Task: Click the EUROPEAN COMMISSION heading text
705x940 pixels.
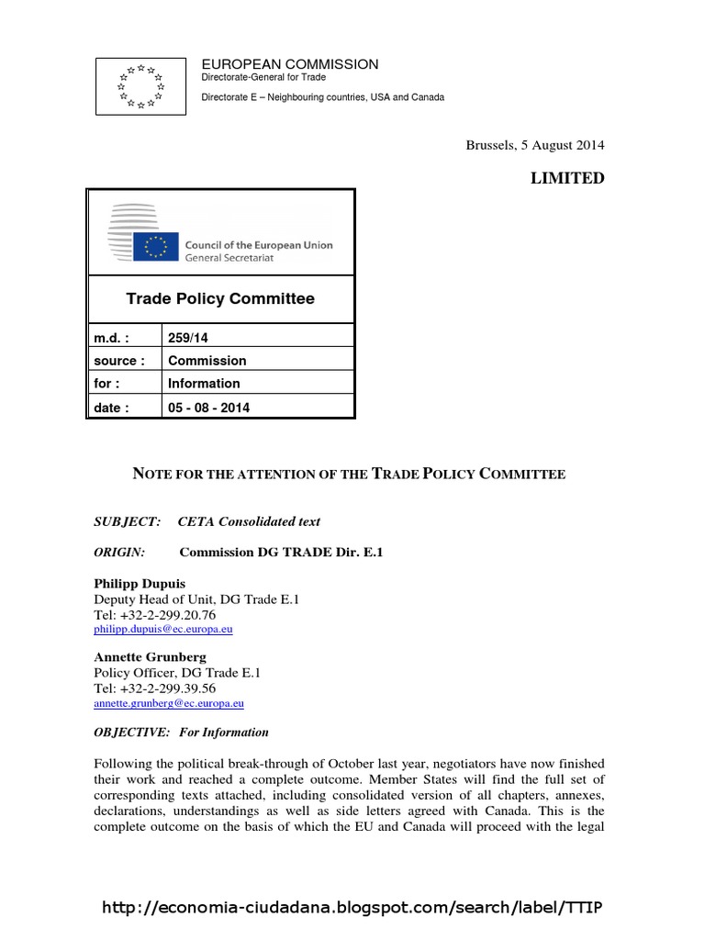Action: tap(289, 64)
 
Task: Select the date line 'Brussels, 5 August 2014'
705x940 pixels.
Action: tap(535, 145)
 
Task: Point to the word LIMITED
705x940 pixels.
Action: tap(567, 178)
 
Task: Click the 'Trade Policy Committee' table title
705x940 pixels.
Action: tap(219, 298)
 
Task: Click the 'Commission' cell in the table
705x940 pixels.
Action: tap(207, 361)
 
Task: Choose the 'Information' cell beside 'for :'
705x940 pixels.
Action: tap(204, 384)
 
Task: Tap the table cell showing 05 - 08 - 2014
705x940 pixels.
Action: tap(208, 408)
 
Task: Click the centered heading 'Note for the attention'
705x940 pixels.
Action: tap(350, 474)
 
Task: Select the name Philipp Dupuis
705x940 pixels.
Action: tap(140, 584)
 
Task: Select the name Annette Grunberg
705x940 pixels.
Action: tap(149, 657)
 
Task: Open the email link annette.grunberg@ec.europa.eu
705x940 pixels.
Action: tap(169, 703)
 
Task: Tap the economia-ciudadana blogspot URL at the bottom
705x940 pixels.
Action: tap(352, 908)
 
